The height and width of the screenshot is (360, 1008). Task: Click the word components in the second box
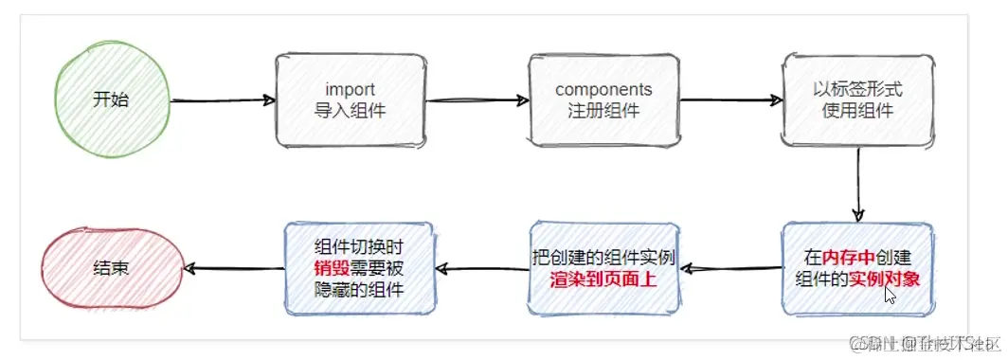tap(603, 90)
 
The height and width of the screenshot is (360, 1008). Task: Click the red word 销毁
tap(326, 268)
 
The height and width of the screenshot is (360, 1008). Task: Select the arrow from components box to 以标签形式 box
tap(730, 99)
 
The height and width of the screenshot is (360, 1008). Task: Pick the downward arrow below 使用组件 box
tap(858, 185)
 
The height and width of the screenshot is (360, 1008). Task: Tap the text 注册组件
tap(603, 110)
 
